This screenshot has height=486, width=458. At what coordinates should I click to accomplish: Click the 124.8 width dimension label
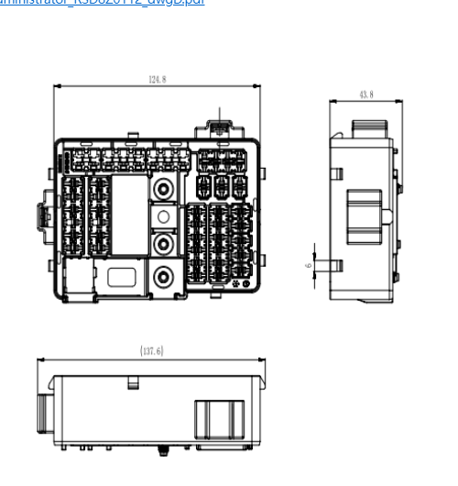pyautogui.click(x=158, y=80)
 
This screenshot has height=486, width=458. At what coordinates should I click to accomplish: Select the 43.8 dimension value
pyautogui.click(x=365, y=94)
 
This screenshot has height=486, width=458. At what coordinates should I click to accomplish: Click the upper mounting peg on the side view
pyautogui.click(x=335, y=173)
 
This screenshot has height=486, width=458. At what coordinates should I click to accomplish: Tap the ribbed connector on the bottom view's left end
pyautogui.click(x=43, y=417)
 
